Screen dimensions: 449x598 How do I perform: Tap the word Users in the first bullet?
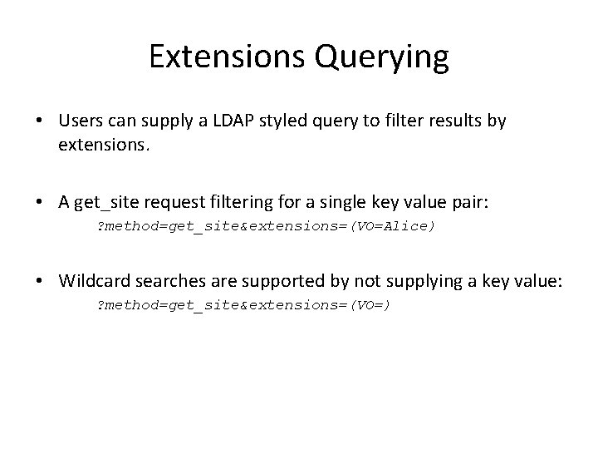point(80,121)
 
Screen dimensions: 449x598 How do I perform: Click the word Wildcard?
point(91,281)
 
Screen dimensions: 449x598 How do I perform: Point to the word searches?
point(159,281)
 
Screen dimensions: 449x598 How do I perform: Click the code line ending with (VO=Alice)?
point(266,225)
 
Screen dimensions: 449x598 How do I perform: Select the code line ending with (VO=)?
point(244,305)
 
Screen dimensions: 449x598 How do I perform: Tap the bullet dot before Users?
point(41,121)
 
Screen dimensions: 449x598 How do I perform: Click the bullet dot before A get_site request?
point(41,201)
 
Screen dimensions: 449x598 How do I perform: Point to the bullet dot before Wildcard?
point(41,282)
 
